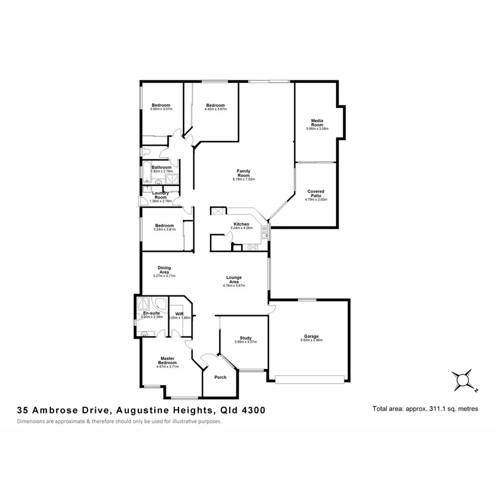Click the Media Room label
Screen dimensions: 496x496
pyautogui.click(x=317, y=122)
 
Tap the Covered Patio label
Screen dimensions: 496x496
pyautogui.click(x=316, y=193)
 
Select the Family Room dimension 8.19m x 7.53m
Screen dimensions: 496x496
pyautogui.click(x=243, y=179)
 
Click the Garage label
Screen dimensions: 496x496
pyautogui.click(x=311, y=336)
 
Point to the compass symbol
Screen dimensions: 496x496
pyautogui.click(x=463, y=380)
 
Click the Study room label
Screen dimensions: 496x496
pyautogui.click(x=246, y=338)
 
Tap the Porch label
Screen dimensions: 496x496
pyautogui.click(x=220, y=378)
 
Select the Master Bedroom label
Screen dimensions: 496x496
pyautogui.click(x=168, y=359)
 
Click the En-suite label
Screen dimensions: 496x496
pyautogui.click(x=151, y=313)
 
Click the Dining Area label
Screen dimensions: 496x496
pyautogui.click(x=164, y=269)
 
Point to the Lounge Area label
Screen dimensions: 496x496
pyautogui.click(x=234, y=279)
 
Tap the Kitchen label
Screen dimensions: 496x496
pyautogui.click(x=242, y=224)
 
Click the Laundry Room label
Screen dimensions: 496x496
pyautogui.click(x=161, y=195)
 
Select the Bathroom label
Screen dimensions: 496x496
pyautogui.click(x=161, y=167)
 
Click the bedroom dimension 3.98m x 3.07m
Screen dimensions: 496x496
pyautogui.click(x=161, y=109)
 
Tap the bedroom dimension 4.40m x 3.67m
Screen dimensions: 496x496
pyautogui.click(x=215, y=109)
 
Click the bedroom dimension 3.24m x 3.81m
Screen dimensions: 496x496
pyautogui.click(x=164, y=229)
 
